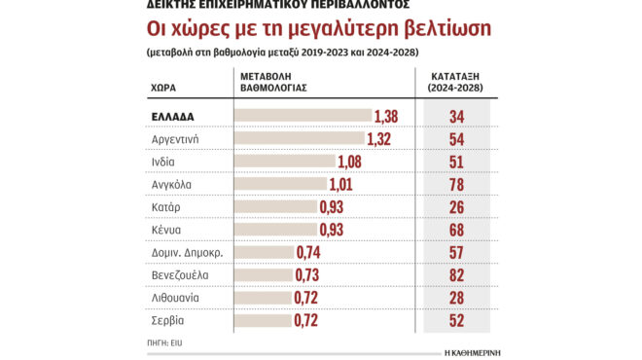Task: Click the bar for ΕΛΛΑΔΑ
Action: [304, 117]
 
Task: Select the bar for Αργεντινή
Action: [301, 139]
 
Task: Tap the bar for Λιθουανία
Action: [265, 297]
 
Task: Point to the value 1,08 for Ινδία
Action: [355, 162]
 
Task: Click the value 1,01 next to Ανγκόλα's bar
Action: [347, 184]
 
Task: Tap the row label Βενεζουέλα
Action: [181, 274]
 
